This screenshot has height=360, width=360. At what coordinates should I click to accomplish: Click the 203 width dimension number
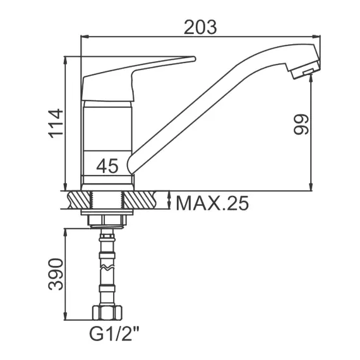tap(200, 27)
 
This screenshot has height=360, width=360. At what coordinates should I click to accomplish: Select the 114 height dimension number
tap(56, 124)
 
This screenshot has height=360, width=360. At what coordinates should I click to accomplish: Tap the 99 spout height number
tap(301, 124)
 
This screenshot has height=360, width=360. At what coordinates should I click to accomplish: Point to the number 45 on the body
tap(107, 165)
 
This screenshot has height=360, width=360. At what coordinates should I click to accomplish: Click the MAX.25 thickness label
tap(212, 203)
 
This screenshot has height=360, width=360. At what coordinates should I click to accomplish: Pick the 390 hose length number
tap(56, 274)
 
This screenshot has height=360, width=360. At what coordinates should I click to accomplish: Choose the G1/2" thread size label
tap(114, 334)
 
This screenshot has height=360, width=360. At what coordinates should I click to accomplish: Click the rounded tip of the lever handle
tap(194, 59)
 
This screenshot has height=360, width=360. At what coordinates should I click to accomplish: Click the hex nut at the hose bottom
tap(107, 312)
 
